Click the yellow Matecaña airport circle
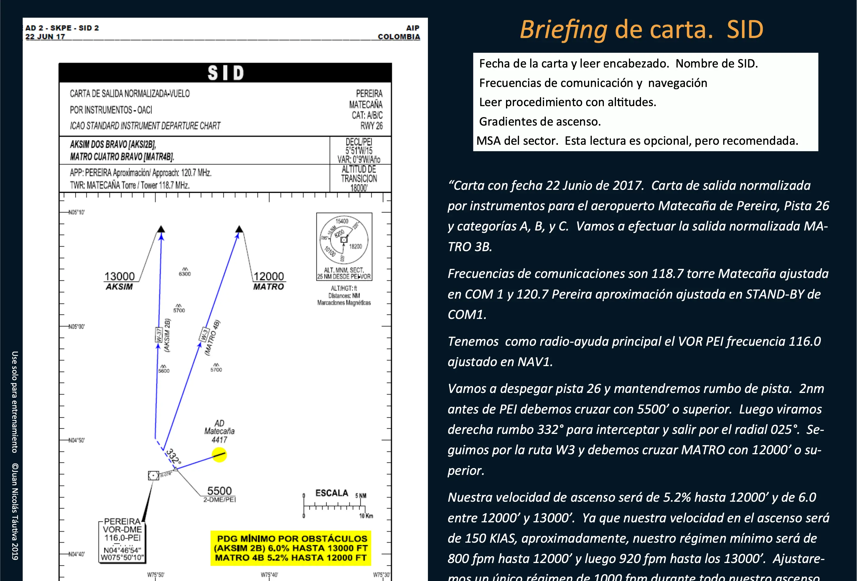pos(219,455)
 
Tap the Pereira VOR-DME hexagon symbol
pos(154,475)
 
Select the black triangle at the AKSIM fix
pos(161,229)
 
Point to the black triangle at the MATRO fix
pos(239,229)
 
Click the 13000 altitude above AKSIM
pos(119,276)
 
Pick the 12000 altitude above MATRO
pos(269,276)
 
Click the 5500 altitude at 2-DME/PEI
pos(220,491)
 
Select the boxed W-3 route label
pos(204,335)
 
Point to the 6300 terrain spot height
pos(185,274)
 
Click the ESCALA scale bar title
pos(332,493)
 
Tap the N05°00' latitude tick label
pos(77,327)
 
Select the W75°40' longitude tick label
pos(269,575)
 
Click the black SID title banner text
pos(225,73)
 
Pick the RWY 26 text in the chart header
pos(371,126)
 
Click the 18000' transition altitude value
pos(359,188)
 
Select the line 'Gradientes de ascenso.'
pos(540,121)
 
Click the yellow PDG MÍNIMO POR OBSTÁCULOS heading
pos(292,539)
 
